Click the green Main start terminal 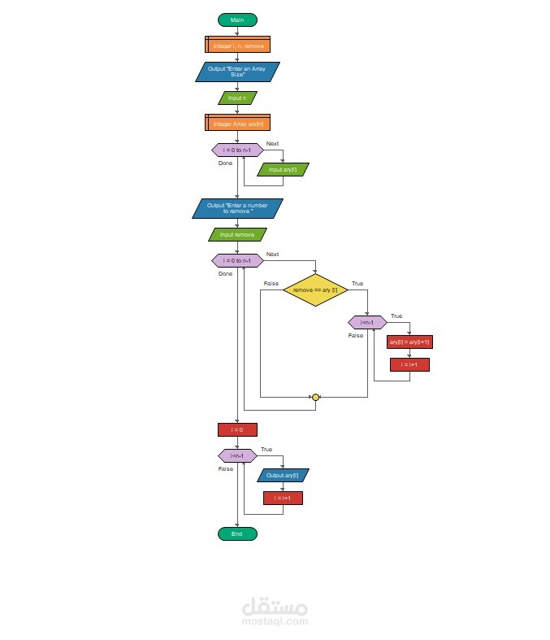(237, 20)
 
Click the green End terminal (237, 533)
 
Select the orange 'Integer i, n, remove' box (237, 46)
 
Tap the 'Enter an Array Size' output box (237, 72)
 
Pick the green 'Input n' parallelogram (237, 98)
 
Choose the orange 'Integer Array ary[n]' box (237, 124)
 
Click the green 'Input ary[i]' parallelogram (283, 170)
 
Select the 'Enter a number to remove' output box (237, 208)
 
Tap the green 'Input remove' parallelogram (237, 234)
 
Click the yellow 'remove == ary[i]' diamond (315, 290)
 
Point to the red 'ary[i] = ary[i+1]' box (409, 342)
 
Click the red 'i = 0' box (237, 429)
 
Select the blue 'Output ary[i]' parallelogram (283, 475)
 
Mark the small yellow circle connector (315, 397)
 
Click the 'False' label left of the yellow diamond (271, 283)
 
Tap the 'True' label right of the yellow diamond (357, 283)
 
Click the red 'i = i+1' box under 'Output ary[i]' (283, 498)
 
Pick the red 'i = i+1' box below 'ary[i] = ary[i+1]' (409, 365)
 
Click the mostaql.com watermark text (275, 620)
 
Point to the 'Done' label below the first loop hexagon (225, 163)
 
